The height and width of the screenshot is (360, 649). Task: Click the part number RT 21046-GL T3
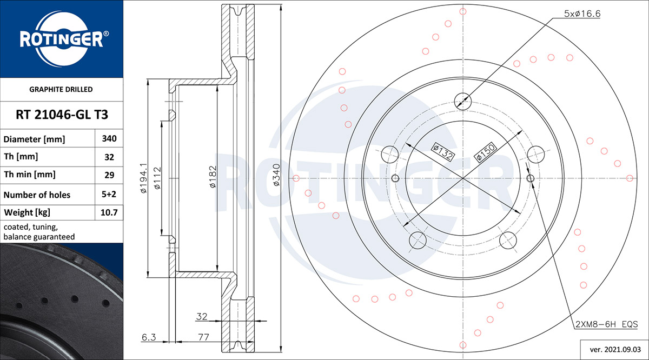pyautogui.click(x=62, y=115)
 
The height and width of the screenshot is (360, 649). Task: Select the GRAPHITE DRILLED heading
pyautogui.click(x=61, y=89)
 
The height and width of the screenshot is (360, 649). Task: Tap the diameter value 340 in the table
pyautogui.click(x=109, y=138)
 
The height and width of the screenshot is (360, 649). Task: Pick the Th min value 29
pyautogui.click(x=109, y=175)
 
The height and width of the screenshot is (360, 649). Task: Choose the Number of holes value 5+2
pyautogui.click(x=109, y=194)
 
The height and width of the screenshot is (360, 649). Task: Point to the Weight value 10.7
pyautogui.click(x=109, y=212)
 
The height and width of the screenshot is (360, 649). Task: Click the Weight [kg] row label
pyautogui.click(x=27, y=212)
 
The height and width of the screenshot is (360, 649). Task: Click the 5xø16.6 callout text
pyautogui.click(x=582, y=14)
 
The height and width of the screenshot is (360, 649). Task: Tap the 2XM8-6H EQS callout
pyautogui.click(x=606, y=324)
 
